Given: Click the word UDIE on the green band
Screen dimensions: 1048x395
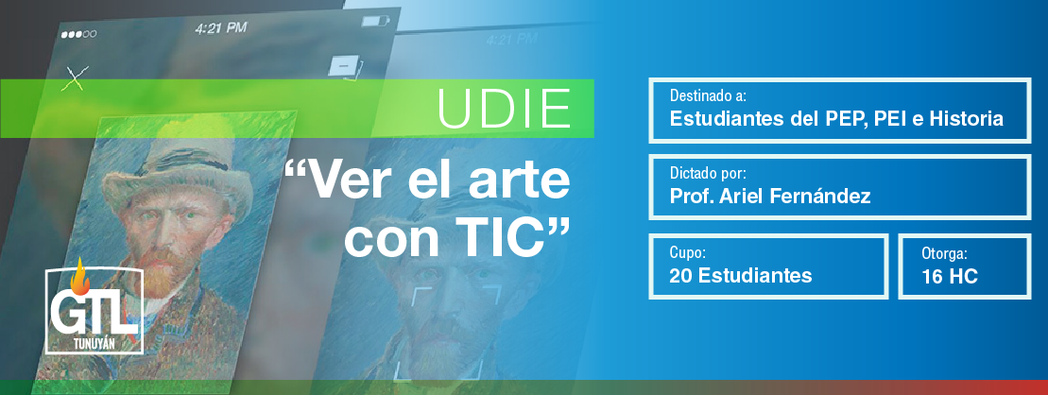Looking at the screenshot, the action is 505,108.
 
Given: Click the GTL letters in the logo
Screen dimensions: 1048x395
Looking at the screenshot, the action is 94,312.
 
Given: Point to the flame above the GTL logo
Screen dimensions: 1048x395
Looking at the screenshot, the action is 78,275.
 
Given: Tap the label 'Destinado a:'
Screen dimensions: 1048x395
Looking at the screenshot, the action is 713,96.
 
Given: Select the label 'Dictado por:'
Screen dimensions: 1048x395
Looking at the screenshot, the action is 708,174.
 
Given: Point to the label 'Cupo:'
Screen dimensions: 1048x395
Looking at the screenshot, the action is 688,253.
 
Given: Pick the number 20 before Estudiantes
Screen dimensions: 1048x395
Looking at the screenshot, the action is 680,275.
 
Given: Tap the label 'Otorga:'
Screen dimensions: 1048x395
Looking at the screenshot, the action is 944,253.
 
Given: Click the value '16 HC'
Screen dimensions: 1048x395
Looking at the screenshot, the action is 950,276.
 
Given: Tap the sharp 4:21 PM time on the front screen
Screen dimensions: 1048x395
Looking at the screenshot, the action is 221,28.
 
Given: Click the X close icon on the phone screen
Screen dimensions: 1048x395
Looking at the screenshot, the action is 75,78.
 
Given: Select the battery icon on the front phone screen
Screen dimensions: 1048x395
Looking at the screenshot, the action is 371,21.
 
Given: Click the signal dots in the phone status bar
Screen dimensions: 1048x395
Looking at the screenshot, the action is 78,34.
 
